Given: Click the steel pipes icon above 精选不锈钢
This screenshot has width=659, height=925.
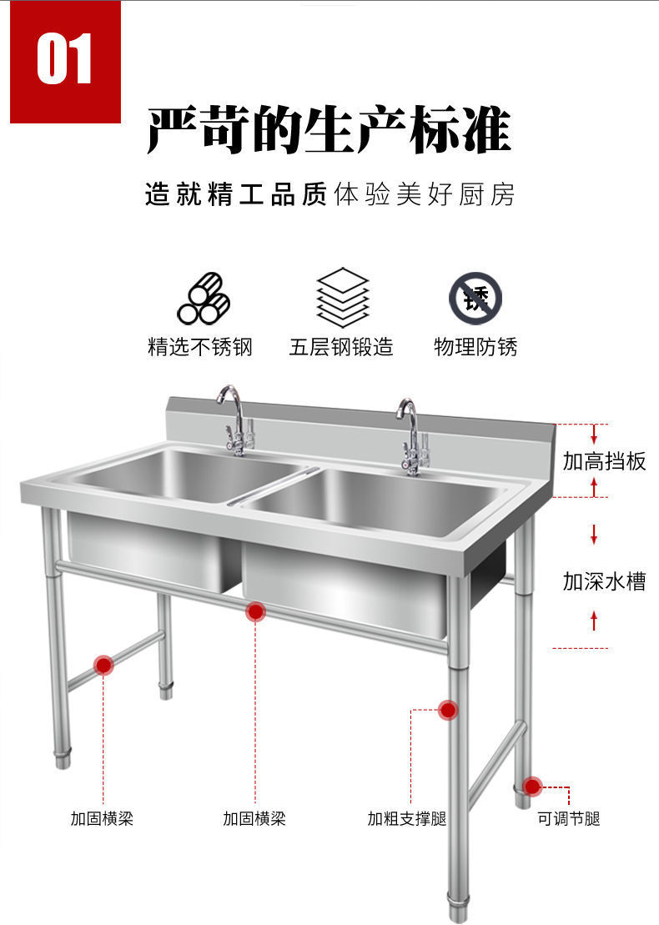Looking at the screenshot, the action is (x=203, y=299).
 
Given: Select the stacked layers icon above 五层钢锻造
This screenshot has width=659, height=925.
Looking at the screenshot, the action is (x=342, y=298).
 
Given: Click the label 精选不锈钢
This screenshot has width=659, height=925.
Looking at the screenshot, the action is (x=199, y=347).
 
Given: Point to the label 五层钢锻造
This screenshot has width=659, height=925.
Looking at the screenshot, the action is (x=341, y=347).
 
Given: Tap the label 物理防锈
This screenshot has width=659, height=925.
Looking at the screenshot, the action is (x=475, y=347).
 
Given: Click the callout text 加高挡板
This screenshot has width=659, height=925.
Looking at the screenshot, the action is (x=604, y=461).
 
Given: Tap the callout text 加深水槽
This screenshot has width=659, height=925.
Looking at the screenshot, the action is (x=604, y=581).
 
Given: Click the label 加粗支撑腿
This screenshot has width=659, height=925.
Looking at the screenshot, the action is (x=406, y=819).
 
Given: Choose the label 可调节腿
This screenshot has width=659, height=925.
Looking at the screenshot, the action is (x=569, y=819).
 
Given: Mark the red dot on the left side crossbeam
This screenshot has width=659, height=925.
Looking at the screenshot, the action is (x=103, y=665).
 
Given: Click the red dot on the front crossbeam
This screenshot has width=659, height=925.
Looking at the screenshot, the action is (x=255, y=612).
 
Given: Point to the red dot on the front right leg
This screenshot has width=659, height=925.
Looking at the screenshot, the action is (x=448, y=711).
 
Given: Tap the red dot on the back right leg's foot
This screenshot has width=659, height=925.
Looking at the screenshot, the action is (x=532, y=786).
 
